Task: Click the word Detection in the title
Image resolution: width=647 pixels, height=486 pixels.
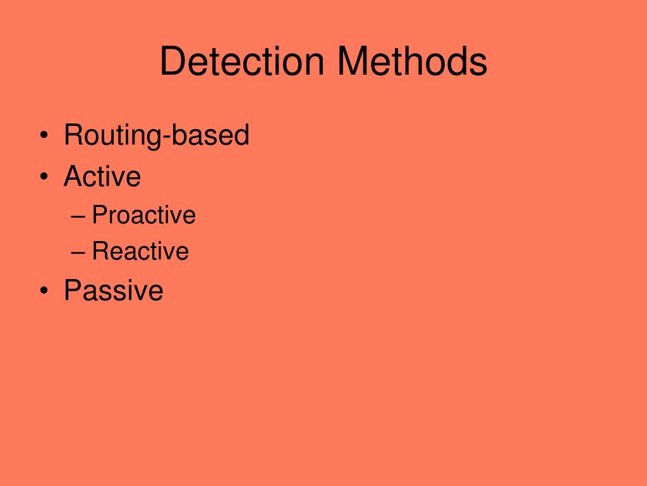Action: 242,62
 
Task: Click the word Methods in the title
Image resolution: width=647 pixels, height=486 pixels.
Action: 411,62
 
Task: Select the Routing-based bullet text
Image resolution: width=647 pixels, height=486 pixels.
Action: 157,135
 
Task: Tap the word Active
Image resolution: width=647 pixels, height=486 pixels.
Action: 102,176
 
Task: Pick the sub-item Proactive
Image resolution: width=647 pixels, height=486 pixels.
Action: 144,215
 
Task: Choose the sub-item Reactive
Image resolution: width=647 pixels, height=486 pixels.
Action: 140,251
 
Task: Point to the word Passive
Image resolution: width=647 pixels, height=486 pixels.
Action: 114,290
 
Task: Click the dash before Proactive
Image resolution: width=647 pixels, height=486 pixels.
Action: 78,216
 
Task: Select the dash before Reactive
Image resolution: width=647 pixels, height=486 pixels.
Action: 78,252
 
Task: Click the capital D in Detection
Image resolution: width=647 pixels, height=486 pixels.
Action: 171,62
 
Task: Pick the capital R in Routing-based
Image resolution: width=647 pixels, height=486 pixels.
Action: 73,135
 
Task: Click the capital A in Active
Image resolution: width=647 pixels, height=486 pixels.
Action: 73,176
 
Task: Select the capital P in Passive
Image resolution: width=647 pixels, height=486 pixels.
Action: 73,290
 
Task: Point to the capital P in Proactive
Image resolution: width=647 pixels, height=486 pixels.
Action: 99,215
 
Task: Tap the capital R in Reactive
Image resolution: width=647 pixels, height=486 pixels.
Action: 100,251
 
